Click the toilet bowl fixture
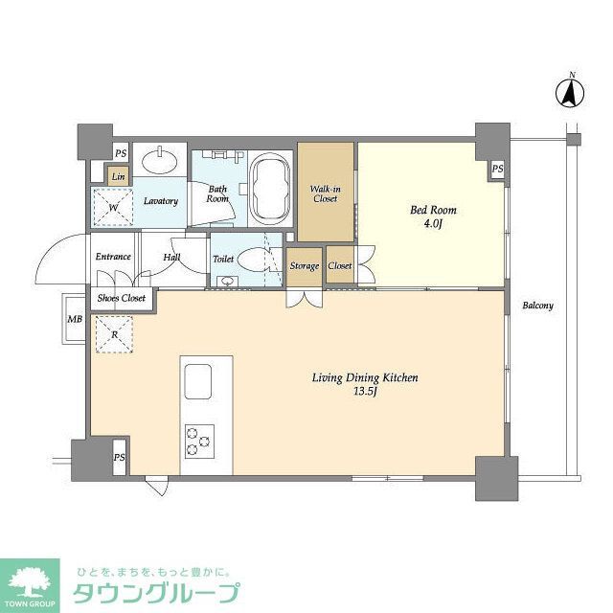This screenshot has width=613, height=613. pyautogui.click(x=255, y=261)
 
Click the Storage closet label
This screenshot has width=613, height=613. pyautogui.click(x=305, y=266)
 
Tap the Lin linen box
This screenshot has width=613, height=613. pyautogui.click(x=118, y=176)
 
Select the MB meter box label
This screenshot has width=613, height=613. pyautogui.click(x=74, y=319)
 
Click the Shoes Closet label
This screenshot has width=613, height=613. pyautogui.click(x=121, y=298)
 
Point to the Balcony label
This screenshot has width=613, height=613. pyautogui.click(x=537, y=306)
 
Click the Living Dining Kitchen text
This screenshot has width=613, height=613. pyautogui.click(x=365, y=377)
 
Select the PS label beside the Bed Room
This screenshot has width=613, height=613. pyautogui.click(x=497, y=170)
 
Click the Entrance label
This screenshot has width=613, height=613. pyautogui.click(x=113, y=257)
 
